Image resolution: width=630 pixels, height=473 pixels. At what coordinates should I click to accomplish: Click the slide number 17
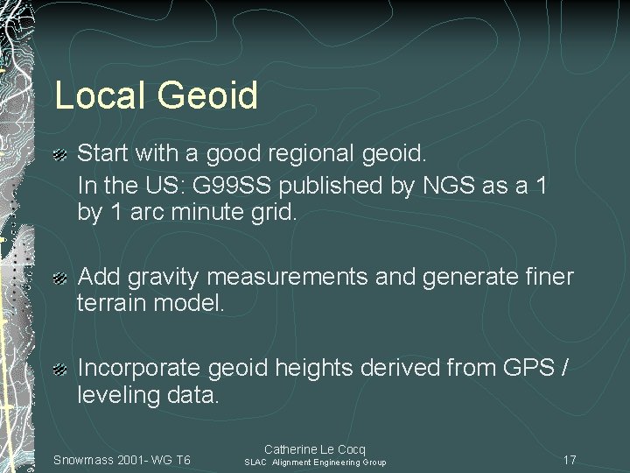click(569, 461)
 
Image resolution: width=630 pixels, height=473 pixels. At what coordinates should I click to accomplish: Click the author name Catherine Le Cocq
click(315, 449)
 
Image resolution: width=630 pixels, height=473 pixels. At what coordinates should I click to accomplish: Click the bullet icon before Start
click(60, 155)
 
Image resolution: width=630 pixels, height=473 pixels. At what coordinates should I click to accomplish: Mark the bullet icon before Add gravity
click(60, 279)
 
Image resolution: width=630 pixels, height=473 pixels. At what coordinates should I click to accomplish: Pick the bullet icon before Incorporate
click(60, 369)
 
